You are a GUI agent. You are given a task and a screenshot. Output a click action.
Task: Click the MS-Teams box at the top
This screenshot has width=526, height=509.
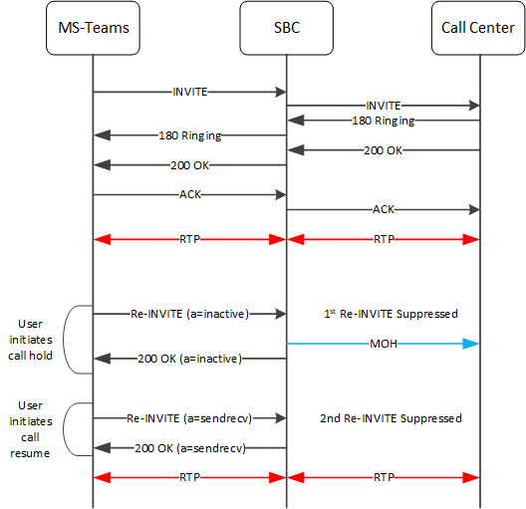(x=93, y=28)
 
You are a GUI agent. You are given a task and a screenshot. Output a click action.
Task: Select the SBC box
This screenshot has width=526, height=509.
(x=286, y=28)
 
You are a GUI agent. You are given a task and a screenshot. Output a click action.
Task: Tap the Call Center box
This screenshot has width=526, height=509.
(x=479, y=28)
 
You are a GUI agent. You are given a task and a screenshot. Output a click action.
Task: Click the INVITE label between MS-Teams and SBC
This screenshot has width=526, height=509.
(x=189, y=92)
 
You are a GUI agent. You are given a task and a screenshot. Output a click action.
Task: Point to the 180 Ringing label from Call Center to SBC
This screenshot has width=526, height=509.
(x=384, y=121)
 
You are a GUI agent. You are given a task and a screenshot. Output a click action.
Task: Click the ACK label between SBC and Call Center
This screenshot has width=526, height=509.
(x=384, y=210)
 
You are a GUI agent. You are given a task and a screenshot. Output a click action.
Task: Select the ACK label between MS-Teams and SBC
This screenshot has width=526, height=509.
(x=189, y=195)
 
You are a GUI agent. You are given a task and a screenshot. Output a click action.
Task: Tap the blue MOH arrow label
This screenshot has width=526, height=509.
(x=384, y=344)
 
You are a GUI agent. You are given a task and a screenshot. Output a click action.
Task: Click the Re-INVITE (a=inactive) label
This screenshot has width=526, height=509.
(x=189, y=314)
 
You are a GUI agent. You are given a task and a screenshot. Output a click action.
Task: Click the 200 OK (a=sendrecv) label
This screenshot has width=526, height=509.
(x=189, y=448)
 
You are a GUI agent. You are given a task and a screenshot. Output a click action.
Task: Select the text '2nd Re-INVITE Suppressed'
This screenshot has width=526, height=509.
(x=384, y=418)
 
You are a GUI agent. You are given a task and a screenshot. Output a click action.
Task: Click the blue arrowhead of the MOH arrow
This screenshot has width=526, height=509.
(x=474, y=344)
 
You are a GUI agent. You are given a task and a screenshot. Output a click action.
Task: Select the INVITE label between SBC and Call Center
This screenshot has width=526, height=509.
(x=384, y=106)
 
